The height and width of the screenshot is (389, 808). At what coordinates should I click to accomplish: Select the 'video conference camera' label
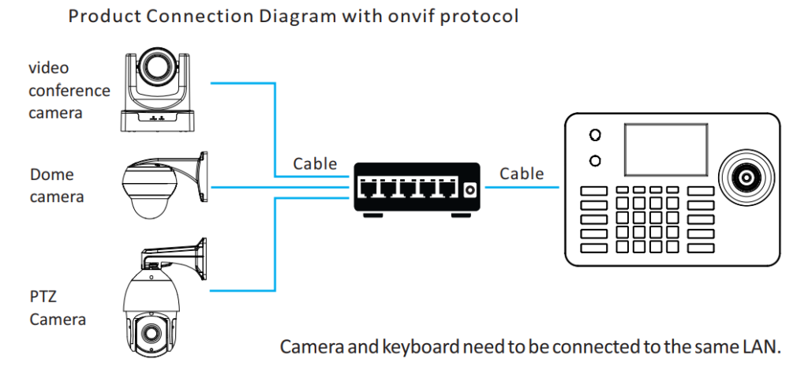69,91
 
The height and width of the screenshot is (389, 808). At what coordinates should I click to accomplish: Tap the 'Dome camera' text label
56,185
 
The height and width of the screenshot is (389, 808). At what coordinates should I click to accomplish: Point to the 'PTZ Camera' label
58,309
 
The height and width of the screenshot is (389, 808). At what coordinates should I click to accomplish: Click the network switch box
416,188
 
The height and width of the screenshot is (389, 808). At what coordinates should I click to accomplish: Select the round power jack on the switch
469,190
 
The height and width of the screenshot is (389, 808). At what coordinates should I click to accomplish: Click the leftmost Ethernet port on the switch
368,189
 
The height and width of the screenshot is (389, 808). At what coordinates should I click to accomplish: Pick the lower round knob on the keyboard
595,161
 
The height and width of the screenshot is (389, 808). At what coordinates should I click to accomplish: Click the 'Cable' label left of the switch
315,164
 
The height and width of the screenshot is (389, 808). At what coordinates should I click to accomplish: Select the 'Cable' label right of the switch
522,173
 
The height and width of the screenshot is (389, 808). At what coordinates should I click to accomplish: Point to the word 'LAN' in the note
761,347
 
